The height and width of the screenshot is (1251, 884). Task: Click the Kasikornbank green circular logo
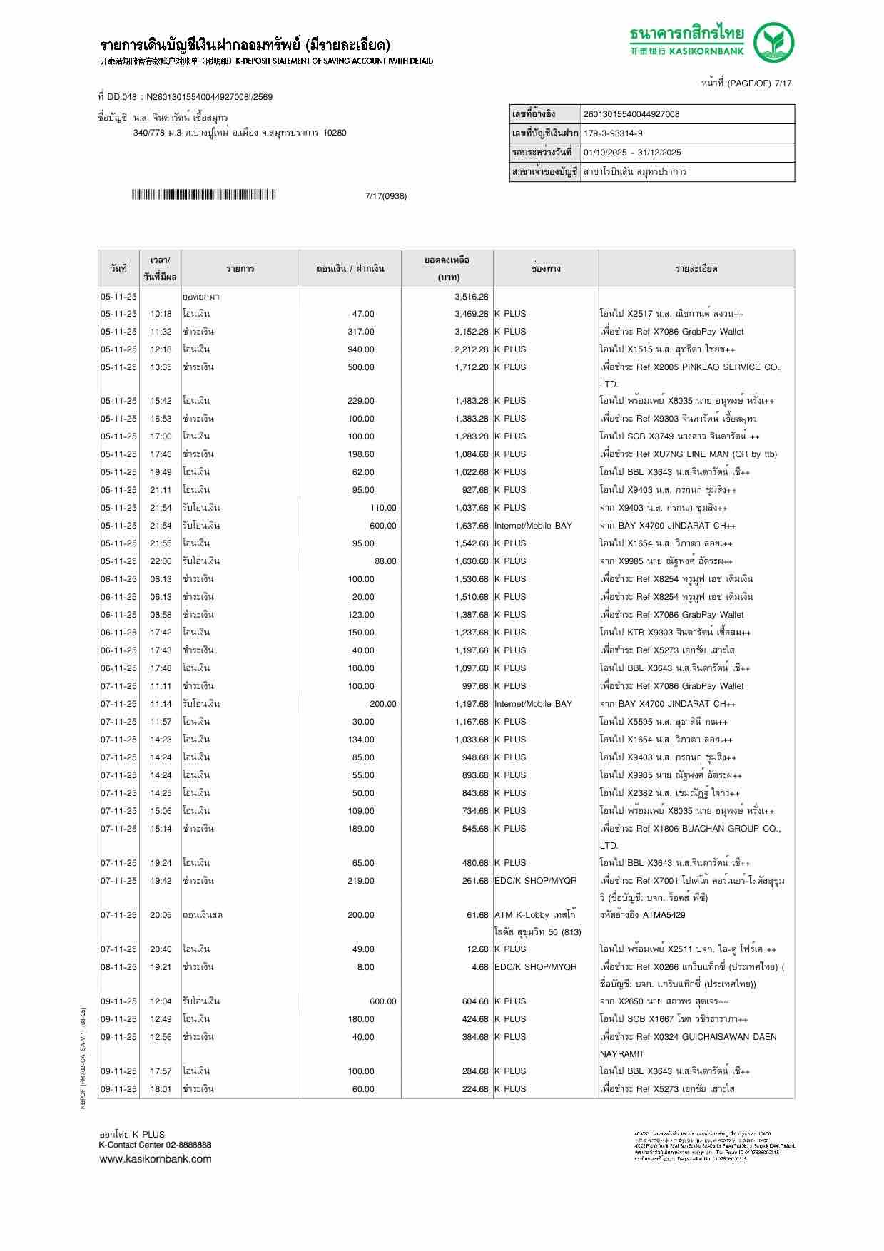775,42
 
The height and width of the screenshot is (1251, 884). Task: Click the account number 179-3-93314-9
613,133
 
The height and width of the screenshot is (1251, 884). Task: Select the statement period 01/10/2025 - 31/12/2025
632,153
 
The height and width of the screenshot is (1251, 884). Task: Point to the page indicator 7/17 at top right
783,83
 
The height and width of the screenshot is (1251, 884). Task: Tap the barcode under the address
203,195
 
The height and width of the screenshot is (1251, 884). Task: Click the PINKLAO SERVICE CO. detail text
690,367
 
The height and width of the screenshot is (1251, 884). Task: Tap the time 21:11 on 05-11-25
161,490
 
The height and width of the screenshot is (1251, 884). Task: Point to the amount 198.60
360,454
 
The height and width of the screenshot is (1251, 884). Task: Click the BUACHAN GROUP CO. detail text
690,829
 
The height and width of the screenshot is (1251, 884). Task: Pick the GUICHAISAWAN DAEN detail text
688,1037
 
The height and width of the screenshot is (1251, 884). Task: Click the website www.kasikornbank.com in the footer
155,1158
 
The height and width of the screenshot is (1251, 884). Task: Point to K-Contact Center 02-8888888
155,1145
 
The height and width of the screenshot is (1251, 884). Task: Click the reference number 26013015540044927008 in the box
631,114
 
